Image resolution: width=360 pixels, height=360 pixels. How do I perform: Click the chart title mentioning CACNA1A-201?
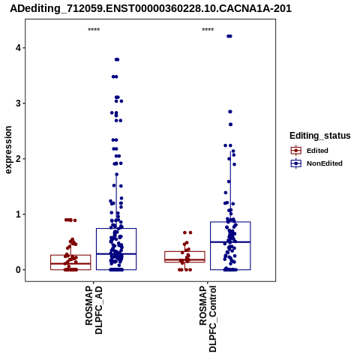click(151, 8)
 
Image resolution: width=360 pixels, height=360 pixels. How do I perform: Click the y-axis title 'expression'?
click(8, 150)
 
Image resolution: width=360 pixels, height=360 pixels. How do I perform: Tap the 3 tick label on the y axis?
click(18, 103)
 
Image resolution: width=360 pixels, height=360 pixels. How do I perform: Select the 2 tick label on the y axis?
click(18, 159)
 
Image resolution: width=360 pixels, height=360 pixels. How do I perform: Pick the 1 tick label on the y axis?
click(18, 214)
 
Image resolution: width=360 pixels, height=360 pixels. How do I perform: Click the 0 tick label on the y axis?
click(18, 270)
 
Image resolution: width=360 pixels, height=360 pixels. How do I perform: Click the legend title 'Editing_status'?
click(320, 136)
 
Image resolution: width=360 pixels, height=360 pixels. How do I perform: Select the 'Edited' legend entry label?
click(317, 151)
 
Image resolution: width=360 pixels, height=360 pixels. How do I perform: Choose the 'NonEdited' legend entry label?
click(325, 163)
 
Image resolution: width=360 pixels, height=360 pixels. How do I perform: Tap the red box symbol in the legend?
click(296, 151)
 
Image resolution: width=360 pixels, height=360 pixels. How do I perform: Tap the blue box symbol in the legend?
click(296, 163)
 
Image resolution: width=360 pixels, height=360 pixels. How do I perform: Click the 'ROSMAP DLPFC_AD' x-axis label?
click(94, 310)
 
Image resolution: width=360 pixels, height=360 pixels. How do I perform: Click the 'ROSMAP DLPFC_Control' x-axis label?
click(208, 319)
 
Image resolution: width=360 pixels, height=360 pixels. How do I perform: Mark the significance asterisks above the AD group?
click(94, 30)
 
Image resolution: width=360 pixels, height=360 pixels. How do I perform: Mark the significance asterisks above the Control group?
click(208, 30)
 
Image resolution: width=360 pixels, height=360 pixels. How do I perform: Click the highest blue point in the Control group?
click(229, 36)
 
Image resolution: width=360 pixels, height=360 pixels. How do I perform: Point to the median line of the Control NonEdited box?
click(230, 242)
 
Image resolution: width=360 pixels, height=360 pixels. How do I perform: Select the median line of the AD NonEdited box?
click(116, 253)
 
